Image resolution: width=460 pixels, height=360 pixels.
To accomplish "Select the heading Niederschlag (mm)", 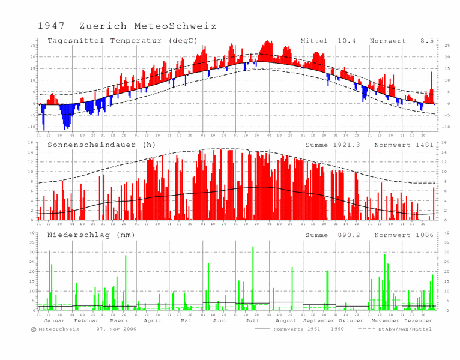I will [x=91, y=235].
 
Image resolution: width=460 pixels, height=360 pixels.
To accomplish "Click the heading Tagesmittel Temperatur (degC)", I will [x=123, y=41].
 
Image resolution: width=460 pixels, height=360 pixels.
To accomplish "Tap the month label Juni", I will [x=219, y=321].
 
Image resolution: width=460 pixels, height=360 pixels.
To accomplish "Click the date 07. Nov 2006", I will [x=117, y=329].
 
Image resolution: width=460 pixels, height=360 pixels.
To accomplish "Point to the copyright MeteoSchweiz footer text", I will [x=56, y=329].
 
